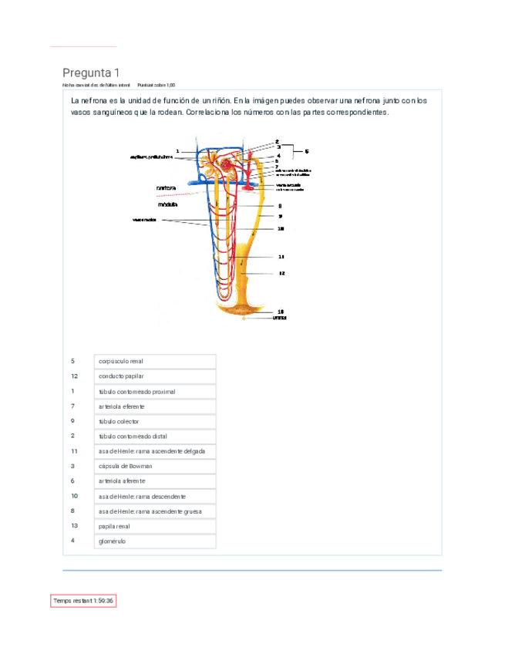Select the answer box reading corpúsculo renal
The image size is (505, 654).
coord(155,361)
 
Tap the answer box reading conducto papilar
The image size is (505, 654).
coord(155,376)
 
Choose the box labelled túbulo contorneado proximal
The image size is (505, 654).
coord(155,391)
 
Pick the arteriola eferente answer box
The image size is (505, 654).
coord(155,406)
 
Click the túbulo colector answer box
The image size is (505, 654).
coord(155,421)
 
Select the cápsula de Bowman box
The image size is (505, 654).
coord(155,466)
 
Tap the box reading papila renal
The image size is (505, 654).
coord(155,526)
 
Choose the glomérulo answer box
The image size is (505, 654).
coord(155,541)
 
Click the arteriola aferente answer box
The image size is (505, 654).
coord(155,481)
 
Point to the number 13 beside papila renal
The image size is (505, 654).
coord(74,526)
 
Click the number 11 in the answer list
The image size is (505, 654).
coord(74,451)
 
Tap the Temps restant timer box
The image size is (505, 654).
coord(83,600)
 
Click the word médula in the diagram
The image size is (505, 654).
coord(168,205)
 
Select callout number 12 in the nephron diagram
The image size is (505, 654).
coord(281,273)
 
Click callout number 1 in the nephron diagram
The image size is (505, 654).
coord(177,150)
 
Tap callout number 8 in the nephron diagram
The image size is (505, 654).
coord(280,206)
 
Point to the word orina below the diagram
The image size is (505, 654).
coord(280,317)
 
